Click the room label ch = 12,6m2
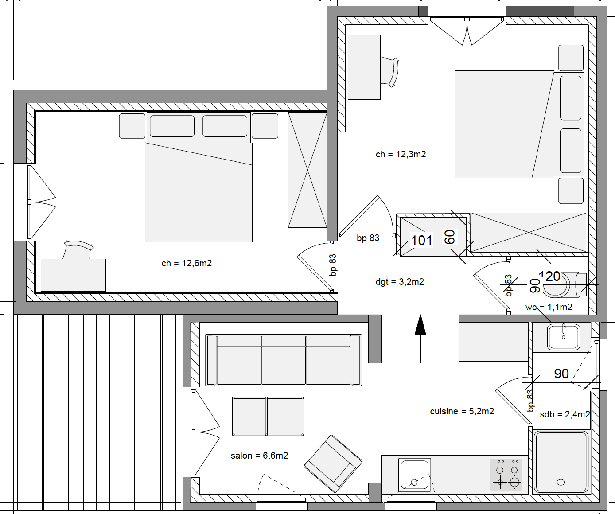[x=187, y=263]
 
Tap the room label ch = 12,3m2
[x=401, y=154]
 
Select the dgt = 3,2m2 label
[x=400, y=282]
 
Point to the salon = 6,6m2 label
[x=259, y=456]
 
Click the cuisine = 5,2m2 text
[x=462, y=411]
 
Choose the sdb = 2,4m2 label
[x=564, y=414]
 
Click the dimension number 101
[x=421, y=240]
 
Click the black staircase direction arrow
[x=420, y=325]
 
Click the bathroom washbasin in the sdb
[x=563, y=337]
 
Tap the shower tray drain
[x=561, y=482]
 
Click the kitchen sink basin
[x=415, y=475]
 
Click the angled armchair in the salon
[x=333, y=463]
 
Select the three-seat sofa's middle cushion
[x=283, y=360]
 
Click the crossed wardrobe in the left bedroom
[x=307, y=170]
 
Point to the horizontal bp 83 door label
[x=368, y=238]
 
